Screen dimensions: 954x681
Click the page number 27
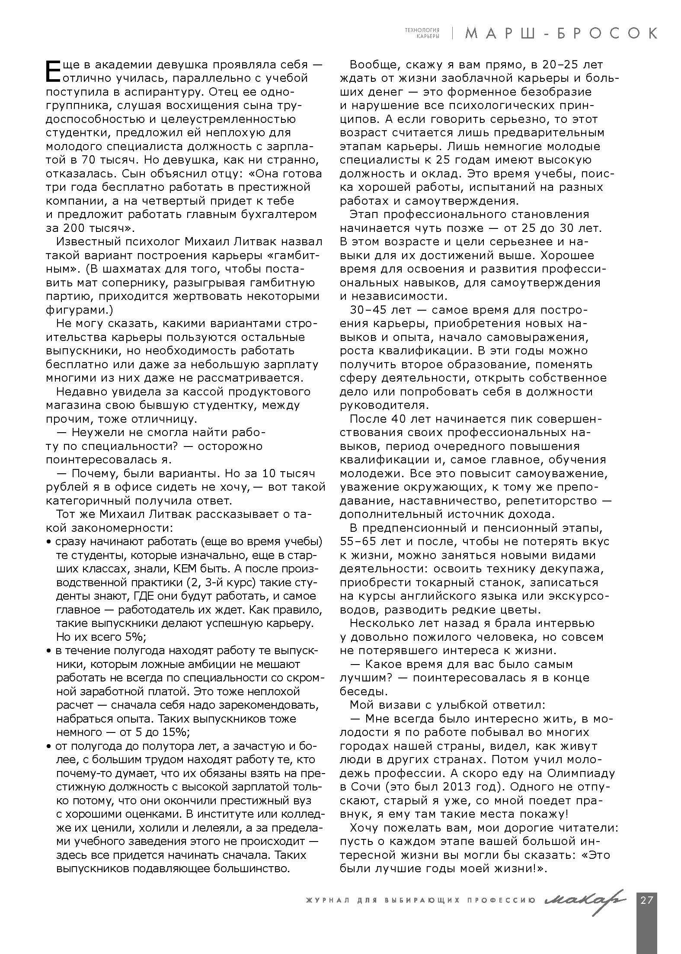[x=646, y=900]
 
